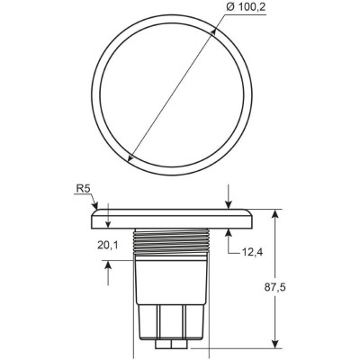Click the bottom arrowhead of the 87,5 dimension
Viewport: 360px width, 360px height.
pos(276,343)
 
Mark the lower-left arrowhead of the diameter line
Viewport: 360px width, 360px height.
pos(131,160)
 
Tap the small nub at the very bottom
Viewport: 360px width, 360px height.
pos(172,344)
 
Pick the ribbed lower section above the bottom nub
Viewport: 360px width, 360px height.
pos(172,319)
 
